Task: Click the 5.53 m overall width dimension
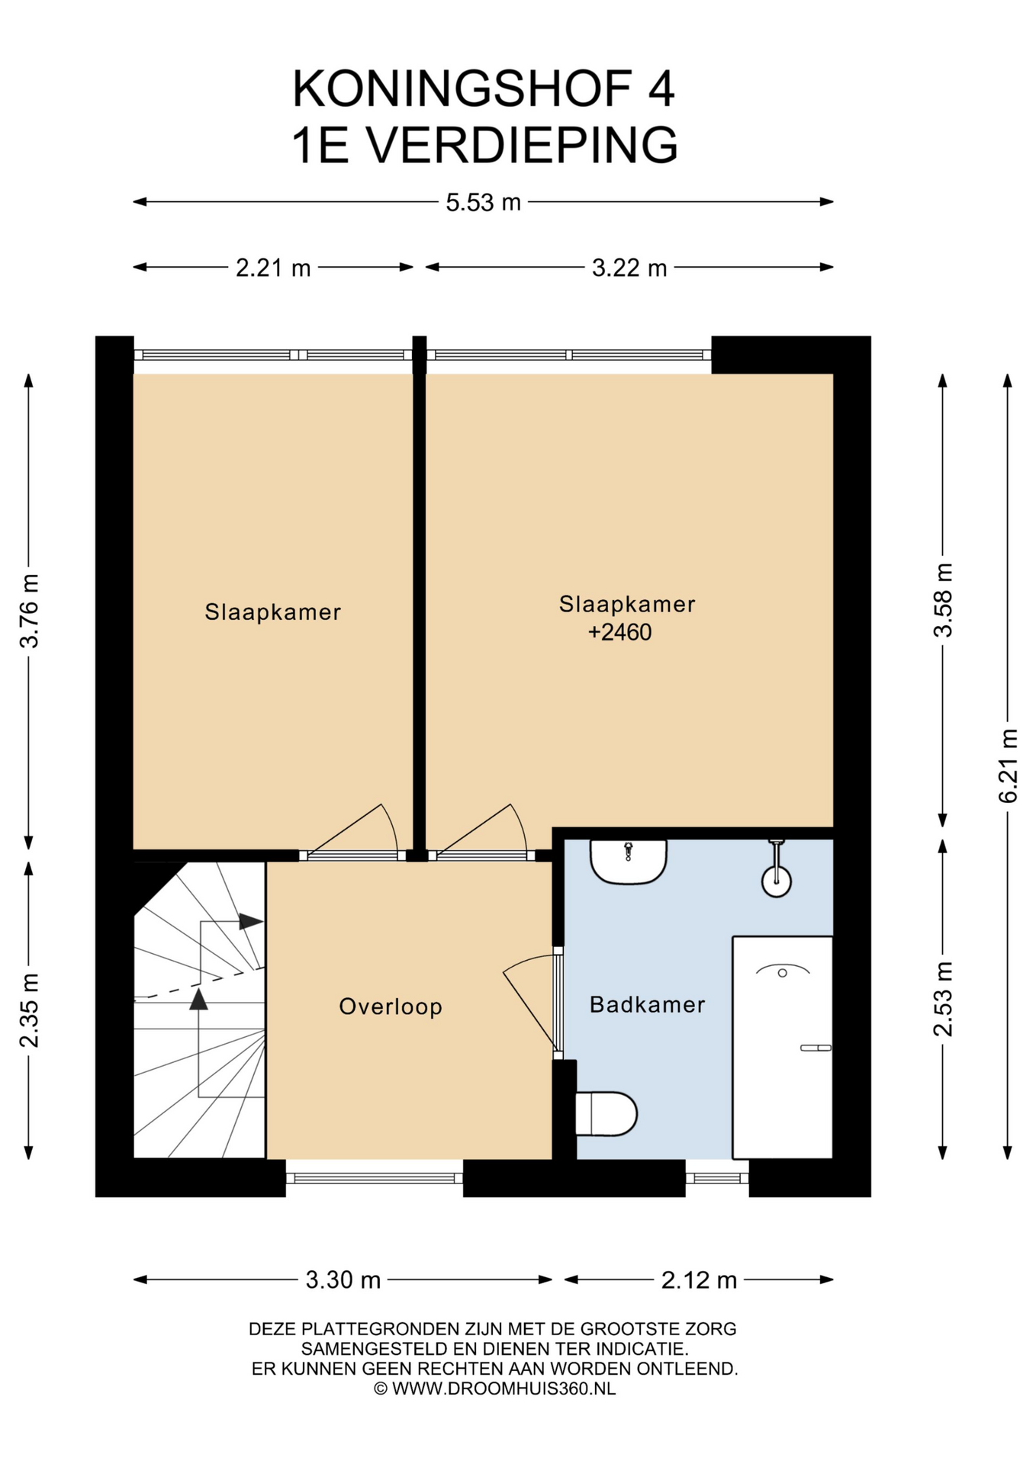click(483, 202)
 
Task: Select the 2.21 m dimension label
click(273, 268)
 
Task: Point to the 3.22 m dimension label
click(629, 268)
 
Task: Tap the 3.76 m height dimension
click(29, 611)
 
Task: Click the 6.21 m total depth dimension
click(1008, 766)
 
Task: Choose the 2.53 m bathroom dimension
click(943, 999)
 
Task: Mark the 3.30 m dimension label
click(343, 1279)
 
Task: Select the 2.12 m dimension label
click(699, 1279)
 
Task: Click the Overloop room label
click(391, 1006)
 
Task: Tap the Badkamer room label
click(647, 1004)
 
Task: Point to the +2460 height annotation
click(619, 632)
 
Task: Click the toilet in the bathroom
click(606, 1113)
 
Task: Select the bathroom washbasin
click(629, 862)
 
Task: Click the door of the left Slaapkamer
click(352, 832)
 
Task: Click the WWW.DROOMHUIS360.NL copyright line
click(494, 1389)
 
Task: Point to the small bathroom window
click(717, 1178)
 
